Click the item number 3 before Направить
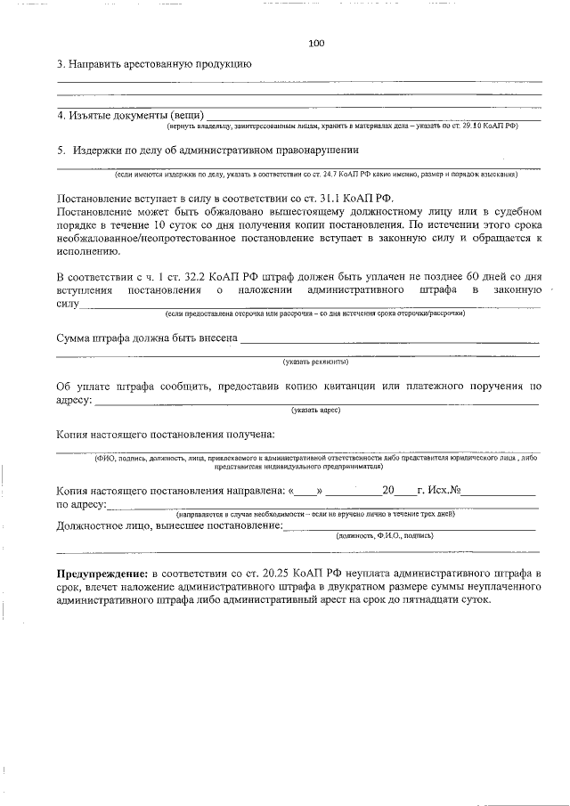click(60, 64)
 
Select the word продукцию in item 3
click(219, 64)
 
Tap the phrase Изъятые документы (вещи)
click(128, 117)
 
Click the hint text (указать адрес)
click(315, 410)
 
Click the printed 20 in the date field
click(387, 491)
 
